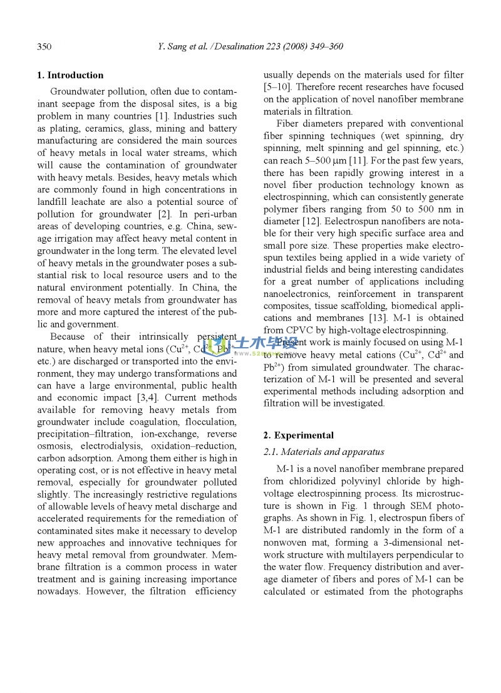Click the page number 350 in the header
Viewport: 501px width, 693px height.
(x=44, y=47)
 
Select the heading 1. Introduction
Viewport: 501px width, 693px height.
(x=70, y=75)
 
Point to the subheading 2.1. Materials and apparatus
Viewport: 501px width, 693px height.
(x=324, y=452)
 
